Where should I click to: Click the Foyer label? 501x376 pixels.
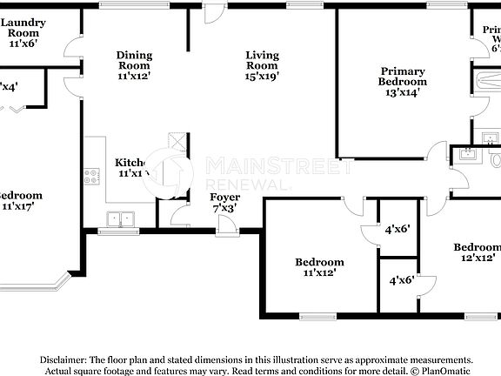(225, 198)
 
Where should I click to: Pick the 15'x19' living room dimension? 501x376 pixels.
(262, 77)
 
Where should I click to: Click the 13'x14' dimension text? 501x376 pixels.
(402, 91)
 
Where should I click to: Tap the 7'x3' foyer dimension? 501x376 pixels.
(225, 209)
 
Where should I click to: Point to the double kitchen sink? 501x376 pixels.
(120, 219)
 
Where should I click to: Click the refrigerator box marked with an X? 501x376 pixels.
(177, 142)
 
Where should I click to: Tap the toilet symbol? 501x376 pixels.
(496, 160)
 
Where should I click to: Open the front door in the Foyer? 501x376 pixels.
(224, 225)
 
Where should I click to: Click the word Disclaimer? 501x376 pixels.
(61, 359)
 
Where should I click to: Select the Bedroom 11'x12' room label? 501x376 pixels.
(319, 262)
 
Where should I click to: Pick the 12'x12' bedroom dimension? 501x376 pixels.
(478, 258)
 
